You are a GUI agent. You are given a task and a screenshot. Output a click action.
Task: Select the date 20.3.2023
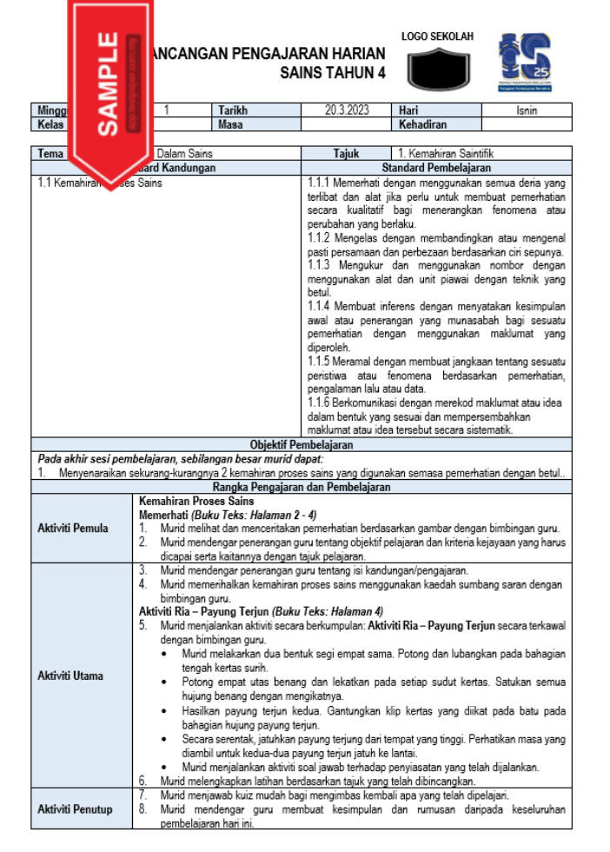(347, 110)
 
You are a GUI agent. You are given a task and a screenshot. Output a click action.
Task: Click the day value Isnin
(526, 110)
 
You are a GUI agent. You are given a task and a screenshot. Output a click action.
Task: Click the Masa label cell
(229, 124)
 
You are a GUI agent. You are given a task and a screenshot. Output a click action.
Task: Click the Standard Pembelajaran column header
(436, 167)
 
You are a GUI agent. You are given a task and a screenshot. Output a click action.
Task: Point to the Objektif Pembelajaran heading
(301, 444)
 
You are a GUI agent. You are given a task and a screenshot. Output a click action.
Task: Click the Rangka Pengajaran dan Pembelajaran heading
(301, 488)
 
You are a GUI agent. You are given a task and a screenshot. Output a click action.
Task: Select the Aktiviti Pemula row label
(73, 528)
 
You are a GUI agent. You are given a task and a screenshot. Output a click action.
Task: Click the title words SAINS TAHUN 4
(333, 74)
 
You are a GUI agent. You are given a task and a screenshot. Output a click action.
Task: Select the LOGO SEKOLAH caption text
(437, 37)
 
